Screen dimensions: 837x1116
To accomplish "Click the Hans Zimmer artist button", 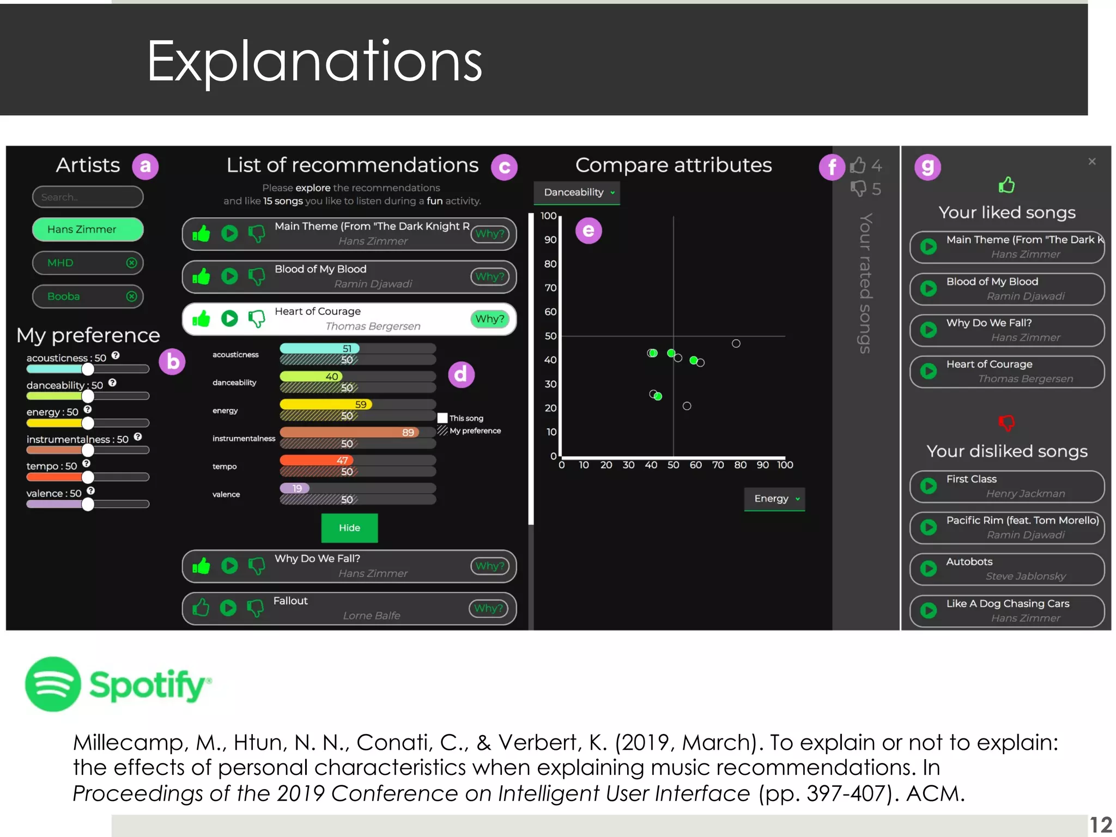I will point(88,229).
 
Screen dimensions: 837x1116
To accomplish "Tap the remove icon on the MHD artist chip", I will point(131,263).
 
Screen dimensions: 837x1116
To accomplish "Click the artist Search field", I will point(88,197).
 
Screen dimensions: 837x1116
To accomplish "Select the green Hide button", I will point(349,527).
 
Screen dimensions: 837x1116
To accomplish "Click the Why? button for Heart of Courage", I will point(489,319).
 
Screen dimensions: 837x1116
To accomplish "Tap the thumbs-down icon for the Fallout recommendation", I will point(255,608).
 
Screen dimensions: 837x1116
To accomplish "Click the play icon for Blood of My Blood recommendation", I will point(229,276).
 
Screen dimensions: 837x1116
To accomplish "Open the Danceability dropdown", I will point(578,192).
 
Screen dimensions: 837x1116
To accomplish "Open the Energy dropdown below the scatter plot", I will point(775,499).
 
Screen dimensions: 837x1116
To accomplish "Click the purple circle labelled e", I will point(589,231).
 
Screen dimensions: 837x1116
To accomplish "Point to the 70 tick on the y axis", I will point(550,288).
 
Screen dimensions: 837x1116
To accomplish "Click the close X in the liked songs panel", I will point(1091,161).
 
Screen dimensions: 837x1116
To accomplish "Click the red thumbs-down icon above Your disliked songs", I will point(1006,422).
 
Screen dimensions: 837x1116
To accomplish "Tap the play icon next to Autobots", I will point(929,569).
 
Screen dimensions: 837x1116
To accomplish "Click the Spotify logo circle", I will point(53,684).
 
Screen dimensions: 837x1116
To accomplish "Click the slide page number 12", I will point(1100,824).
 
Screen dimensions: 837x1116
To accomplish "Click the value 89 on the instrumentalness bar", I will point(408,432).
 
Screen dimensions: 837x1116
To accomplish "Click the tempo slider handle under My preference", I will point(88,477).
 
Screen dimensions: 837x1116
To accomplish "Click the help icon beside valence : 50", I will point(91,491).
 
